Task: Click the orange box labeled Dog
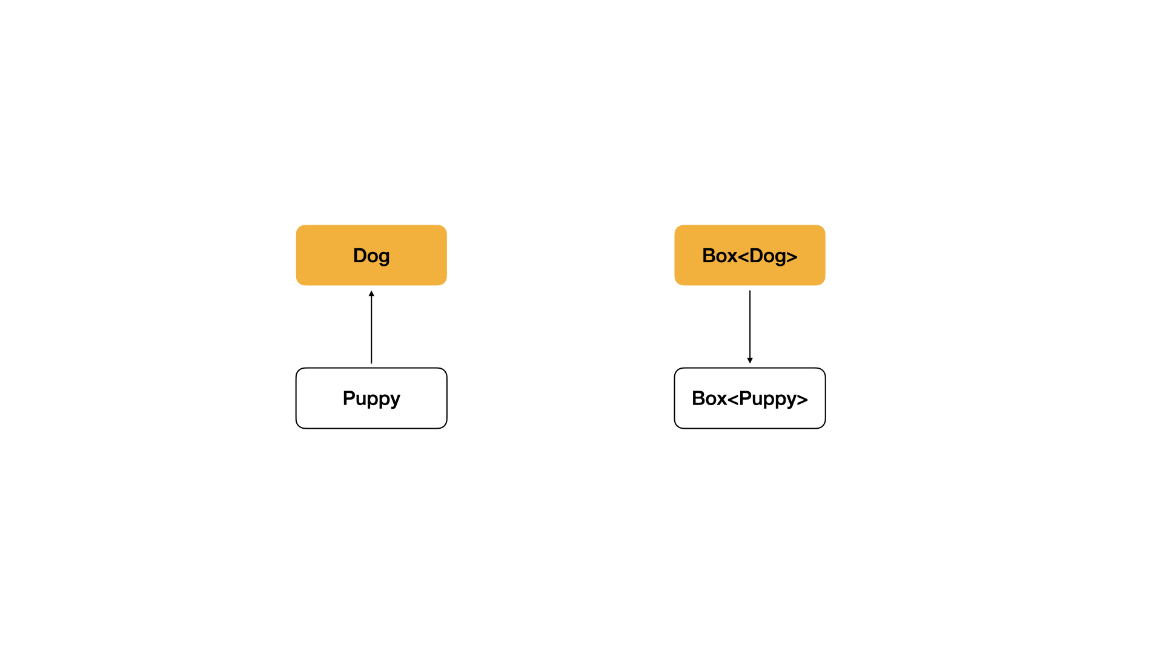pos(371,255)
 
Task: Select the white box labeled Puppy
pos(371,398)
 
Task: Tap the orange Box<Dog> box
pos(750,255)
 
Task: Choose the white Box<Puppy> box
pos(750,398)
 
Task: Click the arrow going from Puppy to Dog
pos(371,327)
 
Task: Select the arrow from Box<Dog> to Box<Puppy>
pos(750,327)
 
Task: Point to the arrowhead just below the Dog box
pos(371,294)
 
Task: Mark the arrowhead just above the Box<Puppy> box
pos(750,360)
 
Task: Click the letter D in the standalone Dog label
pos(359,256)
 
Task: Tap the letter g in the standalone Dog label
pos(384,258)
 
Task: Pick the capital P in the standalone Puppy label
pos(348,398)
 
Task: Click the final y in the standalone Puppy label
pos(394,401)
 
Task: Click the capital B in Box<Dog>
pos(708,256)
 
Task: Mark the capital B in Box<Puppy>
pos(698,398)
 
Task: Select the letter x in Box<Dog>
pos(732,257)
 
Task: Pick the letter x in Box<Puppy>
pos(721,400)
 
